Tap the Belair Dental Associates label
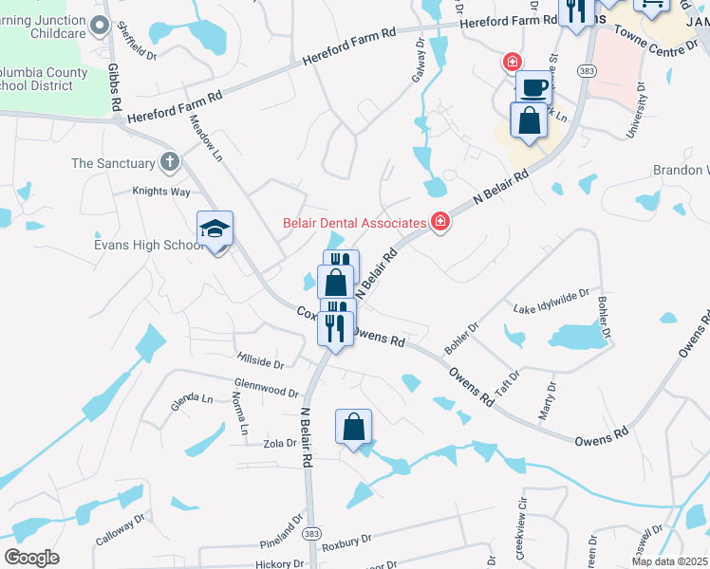(x=355, y=224)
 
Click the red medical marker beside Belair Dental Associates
(x=439, y=223)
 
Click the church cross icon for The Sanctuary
(x=170, y=162)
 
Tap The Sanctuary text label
(x=113, y=163)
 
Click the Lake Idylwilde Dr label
(x=551, y=302)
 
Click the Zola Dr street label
(x=281, y=443)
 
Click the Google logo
(x=30, y=558)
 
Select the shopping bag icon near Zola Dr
(x=353, y=427)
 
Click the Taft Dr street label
(x=507, y=383)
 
